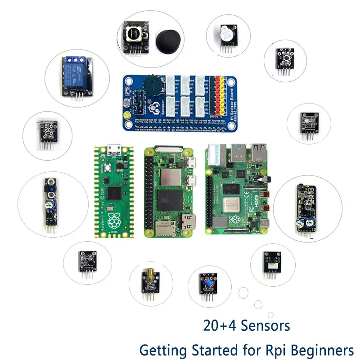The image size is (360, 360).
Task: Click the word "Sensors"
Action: coord(266,325)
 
